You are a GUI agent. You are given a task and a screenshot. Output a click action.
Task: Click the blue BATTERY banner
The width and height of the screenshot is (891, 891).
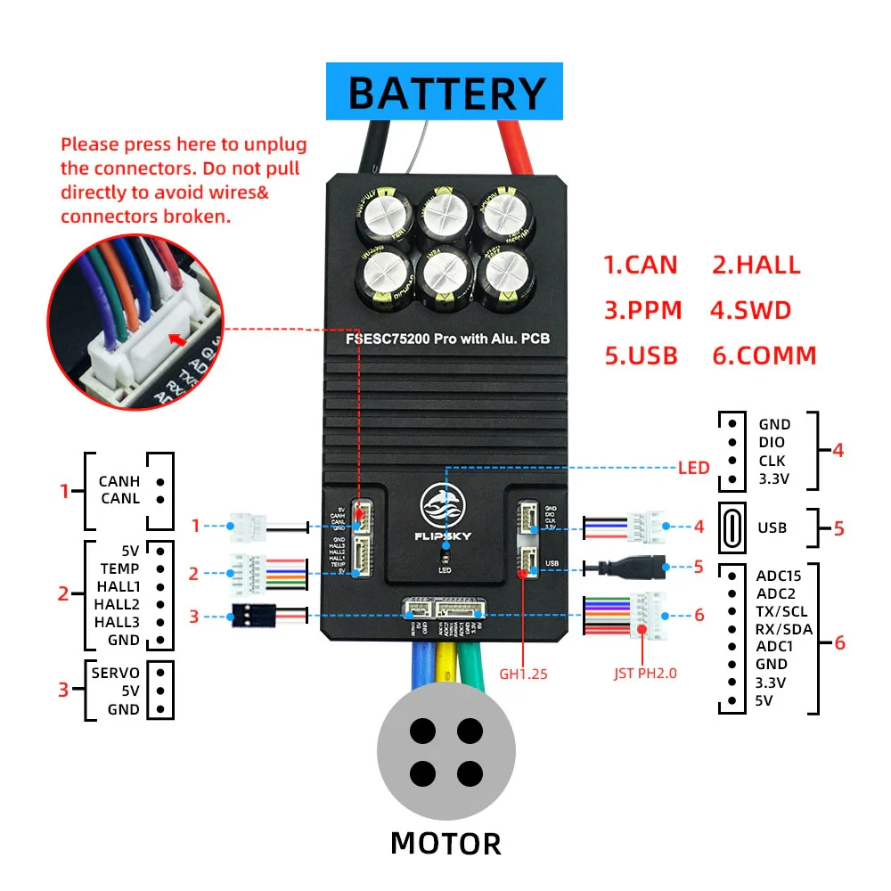pos(445,92)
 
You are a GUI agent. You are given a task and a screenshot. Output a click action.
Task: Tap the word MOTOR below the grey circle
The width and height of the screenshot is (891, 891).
pos(445,842)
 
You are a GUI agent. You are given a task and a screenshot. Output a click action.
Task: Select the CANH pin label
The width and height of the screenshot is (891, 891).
pos(119,482)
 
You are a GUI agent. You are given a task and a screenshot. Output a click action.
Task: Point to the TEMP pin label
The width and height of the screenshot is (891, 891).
pos(119,568)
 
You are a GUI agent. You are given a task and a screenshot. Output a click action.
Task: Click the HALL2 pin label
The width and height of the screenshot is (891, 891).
pos(117,603)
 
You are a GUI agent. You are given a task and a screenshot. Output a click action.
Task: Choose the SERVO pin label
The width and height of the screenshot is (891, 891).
pos(115,673)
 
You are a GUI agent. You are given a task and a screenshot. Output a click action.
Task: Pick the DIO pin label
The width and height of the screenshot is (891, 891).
pos(772,443)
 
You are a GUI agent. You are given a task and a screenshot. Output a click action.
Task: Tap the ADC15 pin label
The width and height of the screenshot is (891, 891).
pos(778,576)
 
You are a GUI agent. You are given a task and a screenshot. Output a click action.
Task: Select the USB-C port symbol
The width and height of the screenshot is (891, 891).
pos(732,527)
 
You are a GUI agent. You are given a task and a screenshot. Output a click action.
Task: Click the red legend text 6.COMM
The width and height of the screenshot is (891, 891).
pos(764,356)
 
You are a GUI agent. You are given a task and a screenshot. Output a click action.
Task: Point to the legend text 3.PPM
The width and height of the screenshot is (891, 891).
pos(642,310)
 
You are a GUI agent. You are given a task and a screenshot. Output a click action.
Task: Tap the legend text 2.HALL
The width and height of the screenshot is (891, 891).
pos(756,265)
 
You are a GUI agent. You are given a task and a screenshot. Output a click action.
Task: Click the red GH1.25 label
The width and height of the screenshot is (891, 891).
pos(522,674)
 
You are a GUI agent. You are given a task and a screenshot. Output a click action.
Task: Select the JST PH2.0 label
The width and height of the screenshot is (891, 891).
pos(645,674)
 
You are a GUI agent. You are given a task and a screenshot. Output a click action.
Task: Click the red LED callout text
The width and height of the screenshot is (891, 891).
pos(694,467)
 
